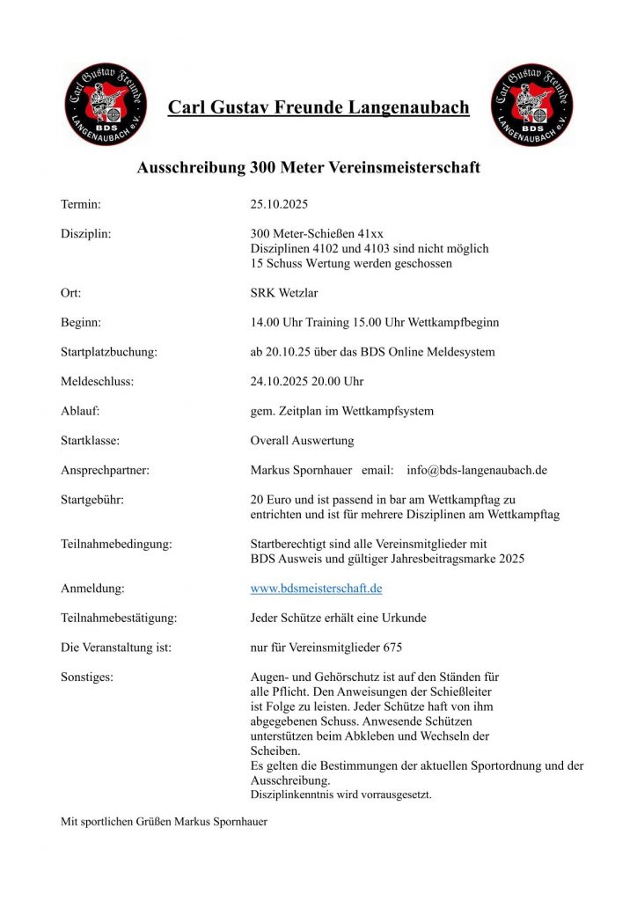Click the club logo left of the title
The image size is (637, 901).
tap(106, 104)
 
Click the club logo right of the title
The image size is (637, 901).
tap(531, 104)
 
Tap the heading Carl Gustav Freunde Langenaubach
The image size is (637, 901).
tap(318, 107)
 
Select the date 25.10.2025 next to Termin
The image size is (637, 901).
tap(279, 204)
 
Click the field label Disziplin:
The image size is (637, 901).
tap(85, 234)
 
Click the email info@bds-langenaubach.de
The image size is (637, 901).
tap(477, 470)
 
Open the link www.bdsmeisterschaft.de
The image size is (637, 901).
tap(316, 588)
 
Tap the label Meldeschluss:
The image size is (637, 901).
tap(98, 381)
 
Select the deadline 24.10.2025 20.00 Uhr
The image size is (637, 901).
tap(307, 381)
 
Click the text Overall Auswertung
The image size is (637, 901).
tap(302, 440)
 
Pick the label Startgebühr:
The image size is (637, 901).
tap(92, 500)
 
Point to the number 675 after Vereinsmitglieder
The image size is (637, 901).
tap(392, 648)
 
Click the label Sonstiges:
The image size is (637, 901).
tap(87, 677)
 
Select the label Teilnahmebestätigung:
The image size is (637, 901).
tap(119, 618)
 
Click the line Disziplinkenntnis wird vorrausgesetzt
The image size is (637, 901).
tap(340, 795)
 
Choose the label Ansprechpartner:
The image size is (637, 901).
tap(105, 470)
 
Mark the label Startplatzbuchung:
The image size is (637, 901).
tap(109, 352)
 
